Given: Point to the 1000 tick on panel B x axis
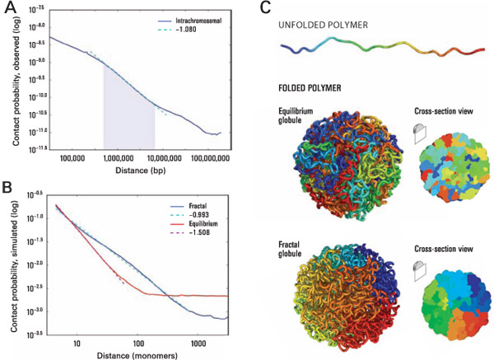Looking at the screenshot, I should coord(196,340).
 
